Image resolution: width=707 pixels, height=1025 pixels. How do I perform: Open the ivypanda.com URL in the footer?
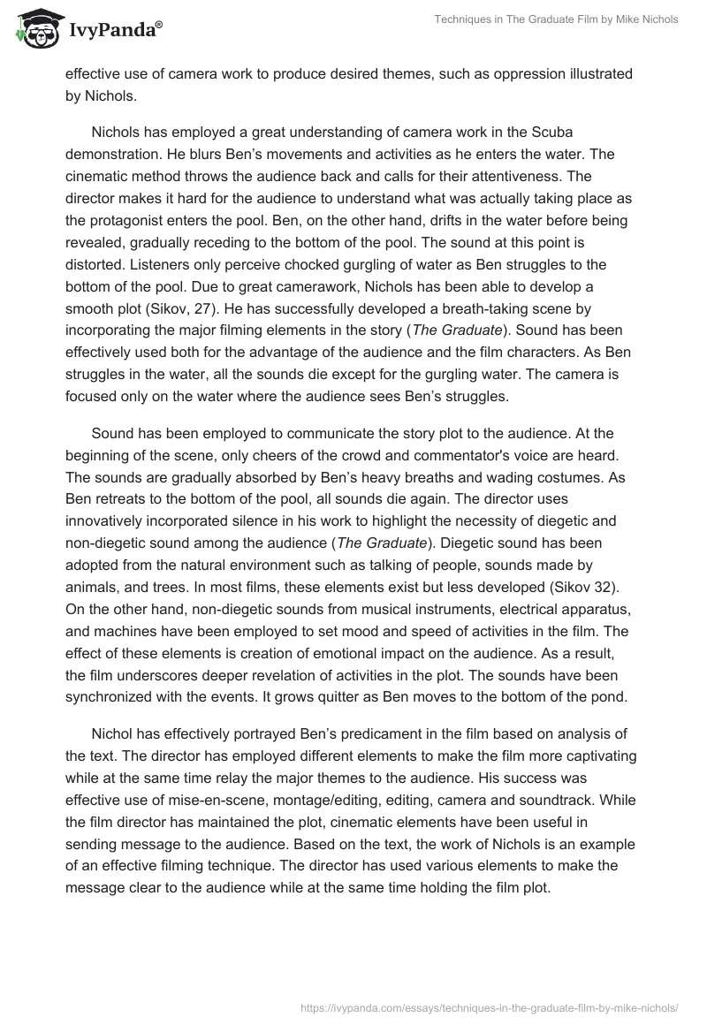(x=490, y=1006)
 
